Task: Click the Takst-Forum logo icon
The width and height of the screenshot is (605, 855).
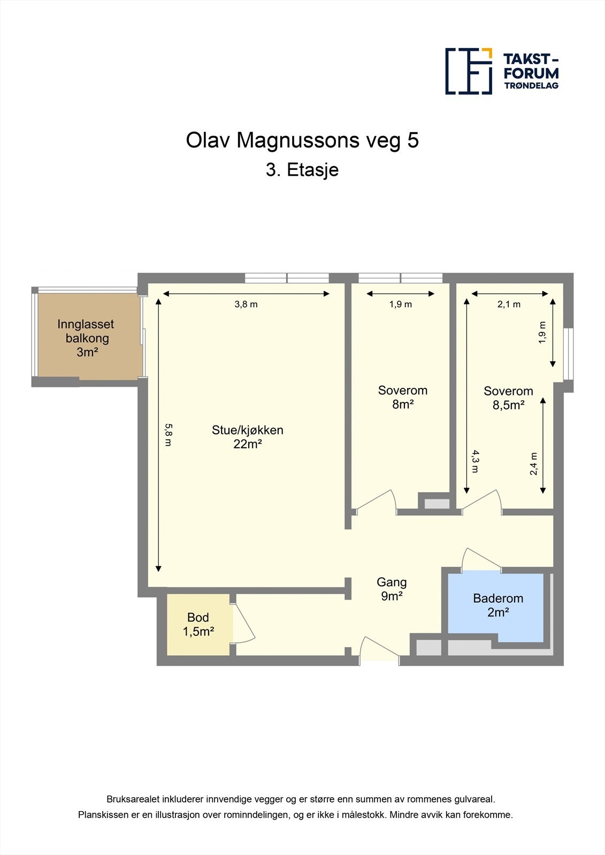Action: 469,71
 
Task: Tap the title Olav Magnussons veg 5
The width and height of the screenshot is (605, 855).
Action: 302,141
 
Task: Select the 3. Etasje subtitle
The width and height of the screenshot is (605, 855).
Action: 302,170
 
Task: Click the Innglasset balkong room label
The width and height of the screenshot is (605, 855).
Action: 86,338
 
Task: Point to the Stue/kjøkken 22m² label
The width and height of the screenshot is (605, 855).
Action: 248,437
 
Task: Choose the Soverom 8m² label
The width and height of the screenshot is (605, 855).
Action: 403,397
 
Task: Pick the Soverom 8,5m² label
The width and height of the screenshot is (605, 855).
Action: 508,398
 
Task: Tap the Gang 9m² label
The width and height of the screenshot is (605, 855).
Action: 392,588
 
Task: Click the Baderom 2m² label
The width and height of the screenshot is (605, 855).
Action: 498,605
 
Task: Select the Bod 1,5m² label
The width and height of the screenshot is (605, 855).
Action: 198,625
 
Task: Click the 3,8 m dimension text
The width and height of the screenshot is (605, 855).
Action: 246,304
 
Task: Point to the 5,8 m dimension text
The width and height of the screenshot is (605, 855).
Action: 169,435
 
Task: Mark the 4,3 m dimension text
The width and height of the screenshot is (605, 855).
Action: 474,461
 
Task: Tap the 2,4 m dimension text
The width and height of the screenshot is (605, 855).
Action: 534,464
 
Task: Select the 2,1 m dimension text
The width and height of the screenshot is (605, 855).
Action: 509,304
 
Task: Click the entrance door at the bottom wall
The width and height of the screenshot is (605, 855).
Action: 379,647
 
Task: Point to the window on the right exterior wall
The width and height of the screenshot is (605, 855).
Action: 569,354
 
